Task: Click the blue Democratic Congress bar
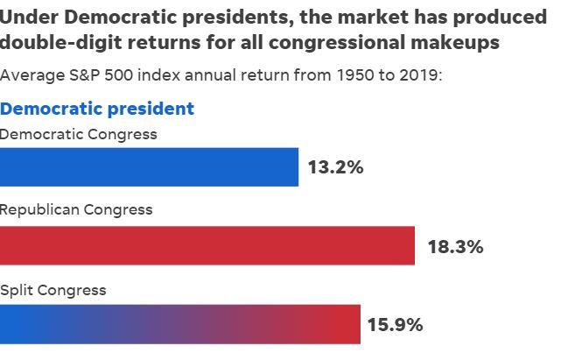(149, 166)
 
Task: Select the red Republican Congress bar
(207, 245)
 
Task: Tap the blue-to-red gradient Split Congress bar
(179, 324)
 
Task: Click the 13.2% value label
(335, 167)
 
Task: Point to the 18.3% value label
(455, 246)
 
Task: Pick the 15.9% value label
(395, 325)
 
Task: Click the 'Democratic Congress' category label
(79, 134)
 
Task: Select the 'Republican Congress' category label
(76, 209)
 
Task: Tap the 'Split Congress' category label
(53, 290)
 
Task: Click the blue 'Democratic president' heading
(97, 109)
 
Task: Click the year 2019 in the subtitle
(419, 74)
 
